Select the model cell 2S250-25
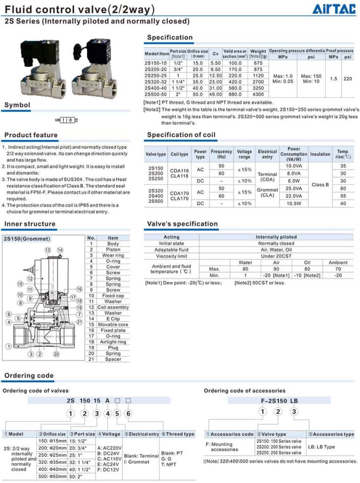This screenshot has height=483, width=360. [x=155, y=75]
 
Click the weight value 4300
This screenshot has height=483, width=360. [x=258, y=94]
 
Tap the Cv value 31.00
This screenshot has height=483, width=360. [x=215, y=88]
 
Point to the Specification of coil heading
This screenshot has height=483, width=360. [x=181, y=134]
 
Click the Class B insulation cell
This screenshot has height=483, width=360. [x=320, y=184]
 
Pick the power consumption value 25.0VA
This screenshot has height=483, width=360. [x=294, y=188]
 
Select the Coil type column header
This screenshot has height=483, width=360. [x=180, y=154]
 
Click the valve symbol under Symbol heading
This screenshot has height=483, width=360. [x=66, y=120]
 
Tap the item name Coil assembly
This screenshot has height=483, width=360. [x=113, y=307]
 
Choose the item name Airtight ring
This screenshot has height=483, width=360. [x=113, y=341]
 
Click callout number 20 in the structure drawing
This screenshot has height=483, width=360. [x=56, y=354]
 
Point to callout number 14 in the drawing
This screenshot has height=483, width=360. [x=60, y=250]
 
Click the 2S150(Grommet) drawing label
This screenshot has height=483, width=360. [x=27, y=239]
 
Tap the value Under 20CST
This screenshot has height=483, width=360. [x=276, y=256]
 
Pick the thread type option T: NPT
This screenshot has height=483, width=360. [x=169, y=464]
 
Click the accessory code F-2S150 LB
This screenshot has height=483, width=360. [x=279, y=401]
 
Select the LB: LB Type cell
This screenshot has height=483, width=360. [x=321, y=447]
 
